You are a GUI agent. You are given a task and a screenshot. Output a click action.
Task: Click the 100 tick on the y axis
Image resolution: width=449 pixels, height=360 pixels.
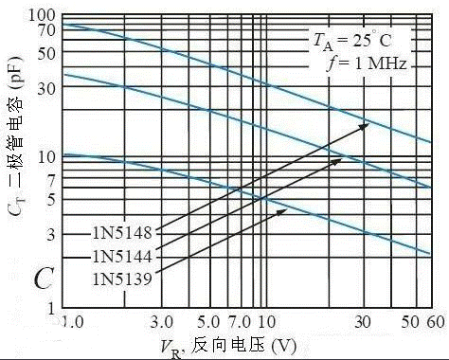coord(42,15)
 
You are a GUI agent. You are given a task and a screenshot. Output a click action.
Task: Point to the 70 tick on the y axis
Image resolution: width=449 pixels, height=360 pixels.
coord(46,30)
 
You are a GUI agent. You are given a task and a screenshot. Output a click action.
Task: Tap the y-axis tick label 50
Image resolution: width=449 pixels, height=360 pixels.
coord(46,54)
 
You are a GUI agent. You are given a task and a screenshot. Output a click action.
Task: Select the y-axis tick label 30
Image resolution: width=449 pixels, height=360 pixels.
coord(46,89)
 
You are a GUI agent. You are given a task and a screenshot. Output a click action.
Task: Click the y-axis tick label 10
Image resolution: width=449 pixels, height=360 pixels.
coord(46,156)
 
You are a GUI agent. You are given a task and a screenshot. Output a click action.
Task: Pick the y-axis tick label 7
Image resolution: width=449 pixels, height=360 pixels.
coord(51,181)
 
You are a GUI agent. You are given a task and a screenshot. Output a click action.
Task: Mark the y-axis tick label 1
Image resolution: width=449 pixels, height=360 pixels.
coord(51,308)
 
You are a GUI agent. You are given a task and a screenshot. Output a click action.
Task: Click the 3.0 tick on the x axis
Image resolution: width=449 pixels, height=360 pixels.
coord(162,322)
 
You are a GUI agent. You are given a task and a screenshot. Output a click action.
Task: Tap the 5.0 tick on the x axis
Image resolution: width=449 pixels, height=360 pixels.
coord(208,322)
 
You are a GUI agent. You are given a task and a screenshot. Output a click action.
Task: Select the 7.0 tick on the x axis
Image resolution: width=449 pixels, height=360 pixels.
coord(240,322)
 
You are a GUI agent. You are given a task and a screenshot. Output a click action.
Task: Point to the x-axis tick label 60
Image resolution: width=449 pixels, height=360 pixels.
coord(436,322)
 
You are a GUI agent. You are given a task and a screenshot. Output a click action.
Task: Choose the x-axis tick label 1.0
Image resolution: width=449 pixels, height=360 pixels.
coord(72,322)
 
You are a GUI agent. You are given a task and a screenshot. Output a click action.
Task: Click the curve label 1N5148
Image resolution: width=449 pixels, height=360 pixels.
coord(122,233)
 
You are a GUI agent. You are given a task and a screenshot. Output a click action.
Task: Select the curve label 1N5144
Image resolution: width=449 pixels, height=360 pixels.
coord(122,256)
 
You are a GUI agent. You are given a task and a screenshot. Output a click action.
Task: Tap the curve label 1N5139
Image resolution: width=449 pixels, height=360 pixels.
coord(122,279)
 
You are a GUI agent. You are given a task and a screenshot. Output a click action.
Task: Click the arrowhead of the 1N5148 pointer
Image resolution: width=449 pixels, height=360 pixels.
coord(366,125)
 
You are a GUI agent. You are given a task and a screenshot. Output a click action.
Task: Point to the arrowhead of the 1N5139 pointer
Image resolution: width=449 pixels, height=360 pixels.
coord(283,211)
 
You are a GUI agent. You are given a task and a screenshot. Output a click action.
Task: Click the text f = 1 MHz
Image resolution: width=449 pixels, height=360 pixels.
coord(367,63)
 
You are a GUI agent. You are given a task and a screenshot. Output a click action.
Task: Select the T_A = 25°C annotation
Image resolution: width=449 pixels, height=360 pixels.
coord(352,41)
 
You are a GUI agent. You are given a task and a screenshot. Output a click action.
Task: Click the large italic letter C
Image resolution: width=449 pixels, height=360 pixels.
coord(44,279)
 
